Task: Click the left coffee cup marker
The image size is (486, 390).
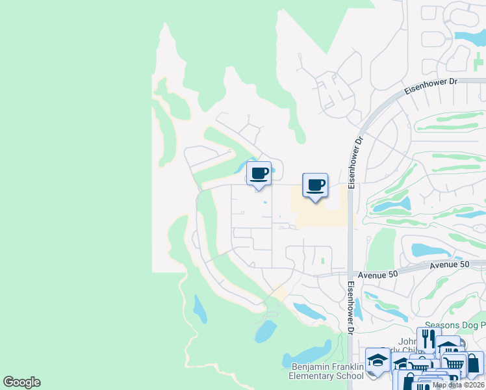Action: tap(259, 174)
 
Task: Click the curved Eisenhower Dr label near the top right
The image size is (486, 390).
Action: tap(431, 86)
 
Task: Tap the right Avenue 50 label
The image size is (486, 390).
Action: tap(449, 265)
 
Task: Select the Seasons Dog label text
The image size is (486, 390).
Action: tap(454, 325)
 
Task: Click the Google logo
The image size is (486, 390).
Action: tap(21, 382)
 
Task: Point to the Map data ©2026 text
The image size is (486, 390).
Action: tap(458, 385)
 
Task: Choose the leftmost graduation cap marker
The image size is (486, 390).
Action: tap(377, 359)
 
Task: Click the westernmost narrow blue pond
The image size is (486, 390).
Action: tap(200, 309)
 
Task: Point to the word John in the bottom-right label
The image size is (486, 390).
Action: tap(407, 341)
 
